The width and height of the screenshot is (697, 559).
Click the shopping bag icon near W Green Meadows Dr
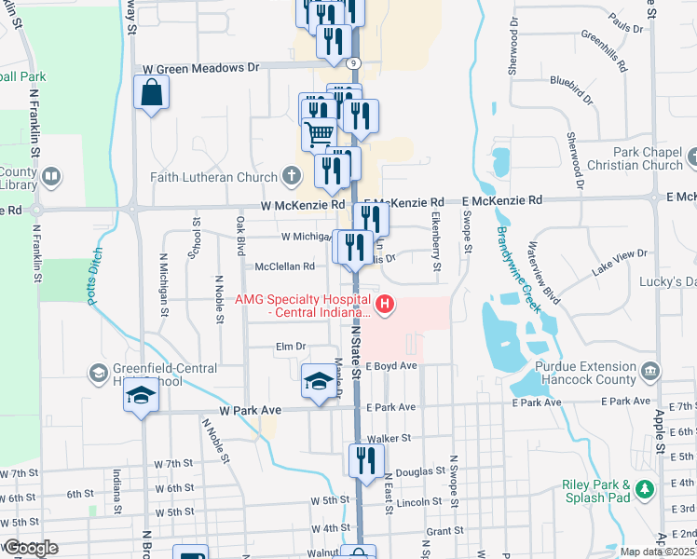[x=151, y=93]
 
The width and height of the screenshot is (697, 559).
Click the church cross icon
[x=292, y=175]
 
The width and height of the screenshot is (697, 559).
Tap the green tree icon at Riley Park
[x=643, y=487]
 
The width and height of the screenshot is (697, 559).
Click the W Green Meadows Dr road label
[x=200, y=68]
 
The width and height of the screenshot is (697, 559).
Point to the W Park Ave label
[x=251, y=410]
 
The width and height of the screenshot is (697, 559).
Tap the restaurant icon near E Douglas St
[x=364, y=459]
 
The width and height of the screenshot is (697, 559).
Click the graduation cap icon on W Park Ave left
[x=142, y=395]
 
